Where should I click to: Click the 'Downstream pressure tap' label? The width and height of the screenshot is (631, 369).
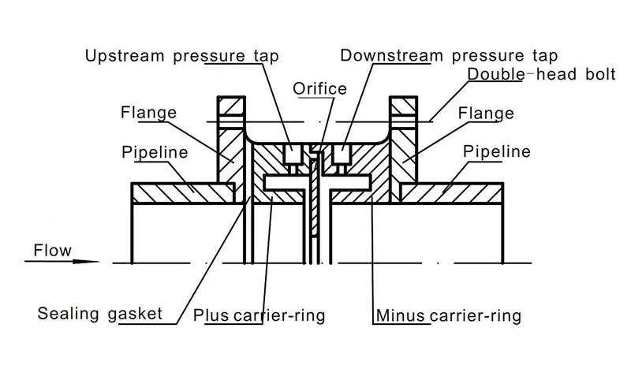pos(449,56)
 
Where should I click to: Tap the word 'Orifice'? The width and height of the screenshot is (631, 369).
pos(319,88)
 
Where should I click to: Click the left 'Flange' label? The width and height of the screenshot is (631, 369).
pos(148,113)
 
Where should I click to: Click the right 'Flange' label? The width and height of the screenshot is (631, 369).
pos(487,113)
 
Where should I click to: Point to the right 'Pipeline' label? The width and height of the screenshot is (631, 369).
pos(497,151)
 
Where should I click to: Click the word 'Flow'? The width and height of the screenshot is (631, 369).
pos(52,252)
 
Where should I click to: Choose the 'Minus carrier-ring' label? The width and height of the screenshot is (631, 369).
pos(447,317)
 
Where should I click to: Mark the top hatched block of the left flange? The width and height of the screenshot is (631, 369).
pos(231,106)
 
